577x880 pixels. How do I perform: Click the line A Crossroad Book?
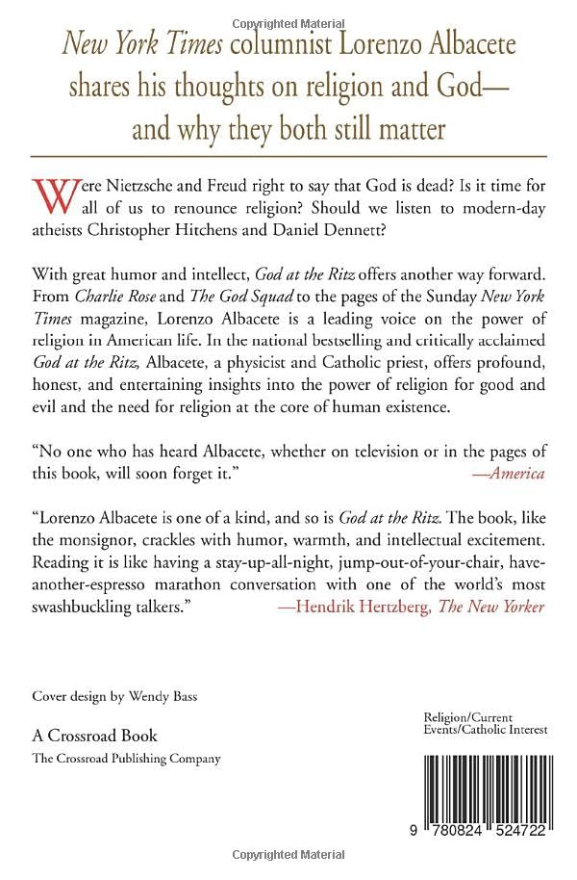(94, 736)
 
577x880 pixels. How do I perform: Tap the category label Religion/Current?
(468, 717)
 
